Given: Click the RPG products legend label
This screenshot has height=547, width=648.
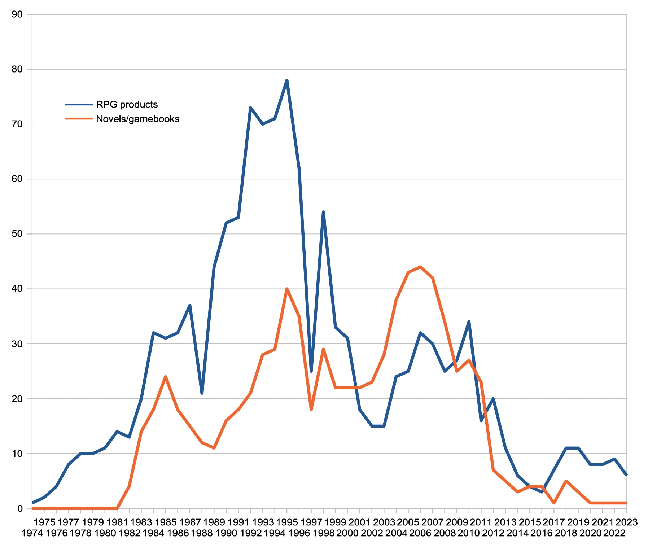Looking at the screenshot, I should click(127, 105).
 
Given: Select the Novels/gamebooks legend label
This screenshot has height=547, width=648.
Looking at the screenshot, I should click(137, 119).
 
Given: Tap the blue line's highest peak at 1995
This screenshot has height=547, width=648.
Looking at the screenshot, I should click(287, 80).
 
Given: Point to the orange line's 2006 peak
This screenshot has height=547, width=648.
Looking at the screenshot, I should click(420, 267).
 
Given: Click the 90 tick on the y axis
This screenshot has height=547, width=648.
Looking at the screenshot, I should click(17, 14).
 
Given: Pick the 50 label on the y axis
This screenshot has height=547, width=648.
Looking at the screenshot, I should click(17, 234).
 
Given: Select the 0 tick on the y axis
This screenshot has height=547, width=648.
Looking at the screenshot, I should click(19, 508).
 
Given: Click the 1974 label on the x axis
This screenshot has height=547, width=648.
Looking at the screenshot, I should click(32, 533).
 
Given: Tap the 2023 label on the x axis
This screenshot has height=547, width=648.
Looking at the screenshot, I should click(626, 522).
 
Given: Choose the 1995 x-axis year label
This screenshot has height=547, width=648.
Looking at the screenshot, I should click(287, 522).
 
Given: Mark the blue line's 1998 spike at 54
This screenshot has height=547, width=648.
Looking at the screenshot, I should click(323, 212).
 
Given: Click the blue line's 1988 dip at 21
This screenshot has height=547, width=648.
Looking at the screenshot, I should click(202, 393).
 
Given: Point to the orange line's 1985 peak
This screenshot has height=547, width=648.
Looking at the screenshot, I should click(165, 377).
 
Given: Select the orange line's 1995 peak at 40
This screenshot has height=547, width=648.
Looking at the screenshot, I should click(287, 289).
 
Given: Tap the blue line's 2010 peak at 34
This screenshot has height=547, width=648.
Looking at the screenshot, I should click(469, 321).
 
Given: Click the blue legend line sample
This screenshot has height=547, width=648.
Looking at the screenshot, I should click(79, 105).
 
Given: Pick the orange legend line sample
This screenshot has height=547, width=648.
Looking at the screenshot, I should click(79, 119).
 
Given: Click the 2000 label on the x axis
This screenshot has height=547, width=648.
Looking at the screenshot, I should click(347, 533).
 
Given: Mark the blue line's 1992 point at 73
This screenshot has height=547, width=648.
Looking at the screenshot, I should click(250, 108).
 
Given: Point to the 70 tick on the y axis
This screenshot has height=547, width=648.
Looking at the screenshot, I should click(17, 124).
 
